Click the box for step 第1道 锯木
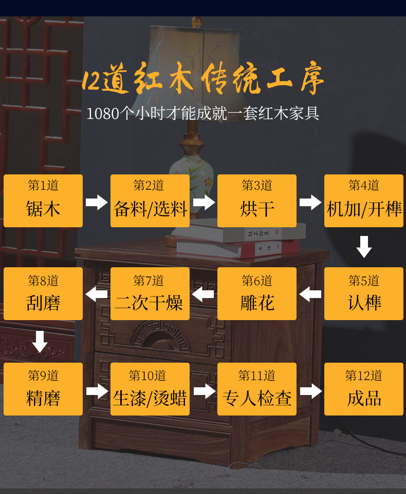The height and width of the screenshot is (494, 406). pos(43,201)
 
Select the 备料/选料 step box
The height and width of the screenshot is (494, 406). pos(150,201)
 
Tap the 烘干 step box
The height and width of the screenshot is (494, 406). pos(257,201)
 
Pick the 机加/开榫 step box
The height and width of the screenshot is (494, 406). pos(364,201)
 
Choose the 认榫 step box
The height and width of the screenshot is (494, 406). pos(364,294)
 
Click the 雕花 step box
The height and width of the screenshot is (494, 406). pos(257,294)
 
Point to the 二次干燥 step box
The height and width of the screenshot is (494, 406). pos(150,294)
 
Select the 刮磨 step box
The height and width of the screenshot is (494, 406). pos(43,294)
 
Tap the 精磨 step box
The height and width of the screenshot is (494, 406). pos(43,389)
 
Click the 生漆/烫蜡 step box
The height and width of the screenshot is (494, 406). pos(150,389)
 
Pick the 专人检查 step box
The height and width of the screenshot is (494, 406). pos(257,389)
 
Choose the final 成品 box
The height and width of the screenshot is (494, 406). pos(364,389)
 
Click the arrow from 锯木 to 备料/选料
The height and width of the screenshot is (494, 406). pos(97,202)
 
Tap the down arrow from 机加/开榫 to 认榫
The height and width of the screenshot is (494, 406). pos(364,247)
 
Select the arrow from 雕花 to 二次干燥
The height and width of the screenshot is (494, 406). pos(203,294)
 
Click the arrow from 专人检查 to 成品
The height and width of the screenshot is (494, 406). pos(310,391)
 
